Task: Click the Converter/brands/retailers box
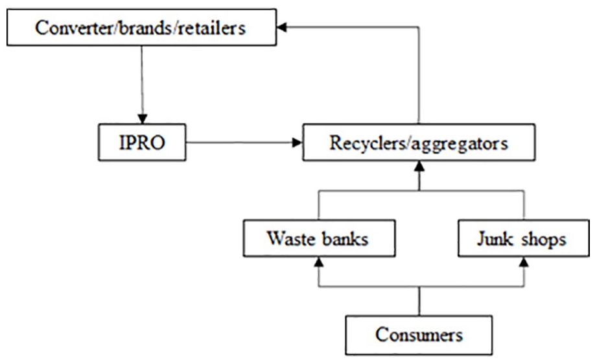coord(142,27)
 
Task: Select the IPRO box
coord(142,142)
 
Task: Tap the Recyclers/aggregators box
coord(419,142)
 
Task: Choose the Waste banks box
coord(319,238)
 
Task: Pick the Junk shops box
coord(524,238)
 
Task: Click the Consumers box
coord(419,335)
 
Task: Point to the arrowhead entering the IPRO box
coord(142,119)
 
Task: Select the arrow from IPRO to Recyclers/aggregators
coord(244,143)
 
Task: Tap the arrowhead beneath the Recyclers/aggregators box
coord(419,165)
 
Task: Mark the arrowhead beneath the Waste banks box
coord(319,261)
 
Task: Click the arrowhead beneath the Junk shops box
coord(524,261)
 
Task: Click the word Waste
coord(291,238)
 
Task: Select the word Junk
coord(495,239)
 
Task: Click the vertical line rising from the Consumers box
coord(419,301)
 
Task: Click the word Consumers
coord(419,335)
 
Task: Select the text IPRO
coord(142,143)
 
